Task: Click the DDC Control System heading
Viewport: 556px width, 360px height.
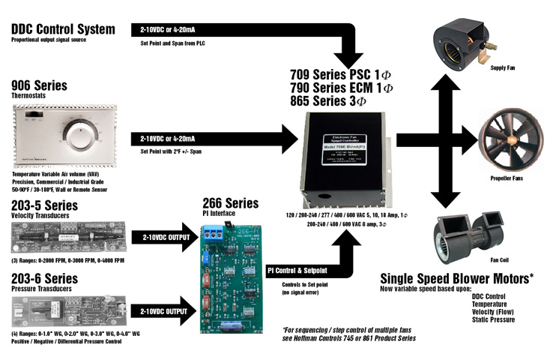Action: (63, 29)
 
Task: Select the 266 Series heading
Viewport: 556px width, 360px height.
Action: (231, 202)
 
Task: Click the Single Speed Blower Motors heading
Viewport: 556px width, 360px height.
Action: (457, 278)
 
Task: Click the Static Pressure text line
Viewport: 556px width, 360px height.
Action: (494, 319)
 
